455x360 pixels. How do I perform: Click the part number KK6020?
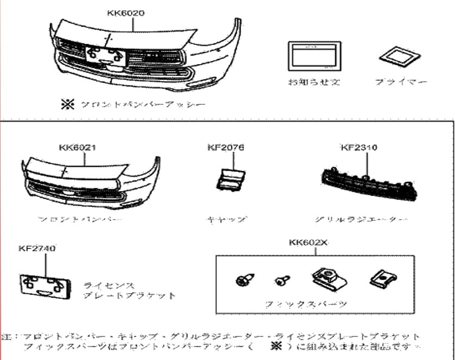click(126, 13)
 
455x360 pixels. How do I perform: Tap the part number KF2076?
click(225, 147)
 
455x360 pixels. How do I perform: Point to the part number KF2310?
click(359, 147)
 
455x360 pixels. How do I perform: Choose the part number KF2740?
click(37, 249)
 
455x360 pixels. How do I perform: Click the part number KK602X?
click(309, 243)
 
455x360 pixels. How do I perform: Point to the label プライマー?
click(401, 82)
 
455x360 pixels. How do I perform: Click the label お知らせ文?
click(314, 83)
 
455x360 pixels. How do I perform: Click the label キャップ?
click(226, 220)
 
